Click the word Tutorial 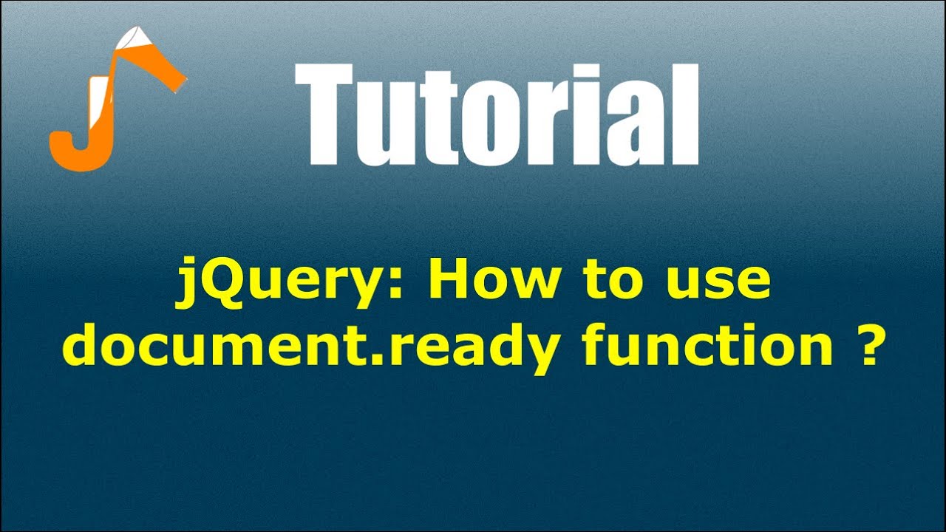click(497, 115)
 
